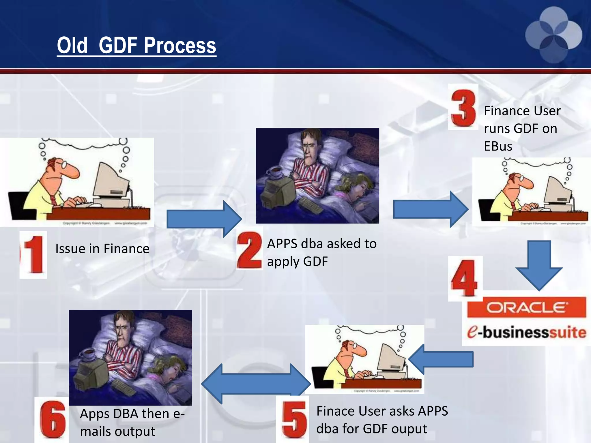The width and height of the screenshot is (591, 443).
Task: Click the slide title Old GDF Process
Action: [x=136, y=45]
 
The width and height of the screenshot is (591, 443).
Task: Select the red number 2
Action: [x=249, y=250]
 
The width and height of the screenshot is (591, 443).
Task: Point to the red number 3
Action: [x=463, y=108]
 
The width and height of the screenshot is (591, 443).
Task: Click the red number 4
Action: [x=464, y=278]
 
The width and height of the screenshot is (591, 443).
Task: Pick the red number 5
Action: [x=294, y=419]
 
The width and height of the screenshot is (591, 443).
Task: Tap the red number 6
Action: [x=53, y=419]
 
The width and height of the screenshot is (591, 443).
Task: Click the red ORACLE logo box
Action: [x=527, y=307]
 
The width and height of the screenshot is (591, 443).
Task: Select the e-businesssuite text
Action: [x=527, y=332]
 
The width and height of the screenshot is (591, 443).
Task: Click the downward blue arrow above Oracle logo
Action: [x=539, y=265]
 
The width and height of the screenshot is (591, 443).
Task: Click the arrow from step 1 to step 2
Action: [x=204, y=219]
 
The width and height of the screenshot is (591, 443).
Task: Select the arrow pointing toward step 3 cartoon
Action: [x=430, y=209]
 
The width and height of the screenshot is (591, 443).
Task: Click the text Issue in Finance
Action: [x=102, y=249]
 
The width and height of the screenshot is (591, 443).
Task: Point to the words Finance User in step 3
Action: [x=522, y=111]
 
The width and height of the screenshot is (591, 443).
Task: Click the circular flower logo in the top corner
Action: [x=553, y=35]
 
